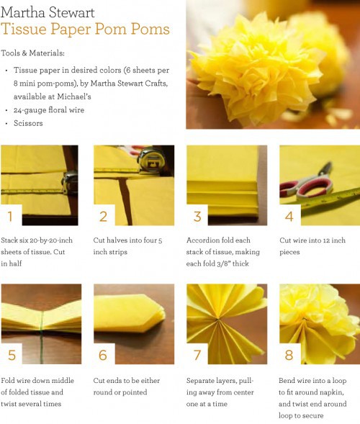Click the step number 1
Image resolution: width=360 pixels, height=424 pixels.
coord(10,217)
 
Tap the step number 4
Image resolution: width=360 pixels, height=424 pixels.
coord(289,217)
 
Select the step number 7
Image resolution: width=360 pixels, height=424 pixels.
coord(197,355)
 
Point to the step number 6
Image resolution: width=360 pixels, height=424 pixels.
coord(103,355)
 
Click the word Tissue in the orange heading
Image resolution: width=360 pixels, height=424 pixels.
coord(24,29)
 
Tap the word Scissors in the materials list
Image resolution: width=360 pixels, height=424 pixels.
coord(28,123)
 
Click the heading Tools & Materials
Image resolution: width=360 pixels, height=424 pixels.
coord(32,53)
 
